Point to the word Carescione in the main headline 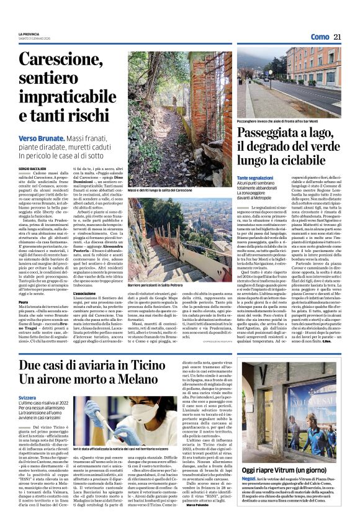(x=70, y=60)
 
